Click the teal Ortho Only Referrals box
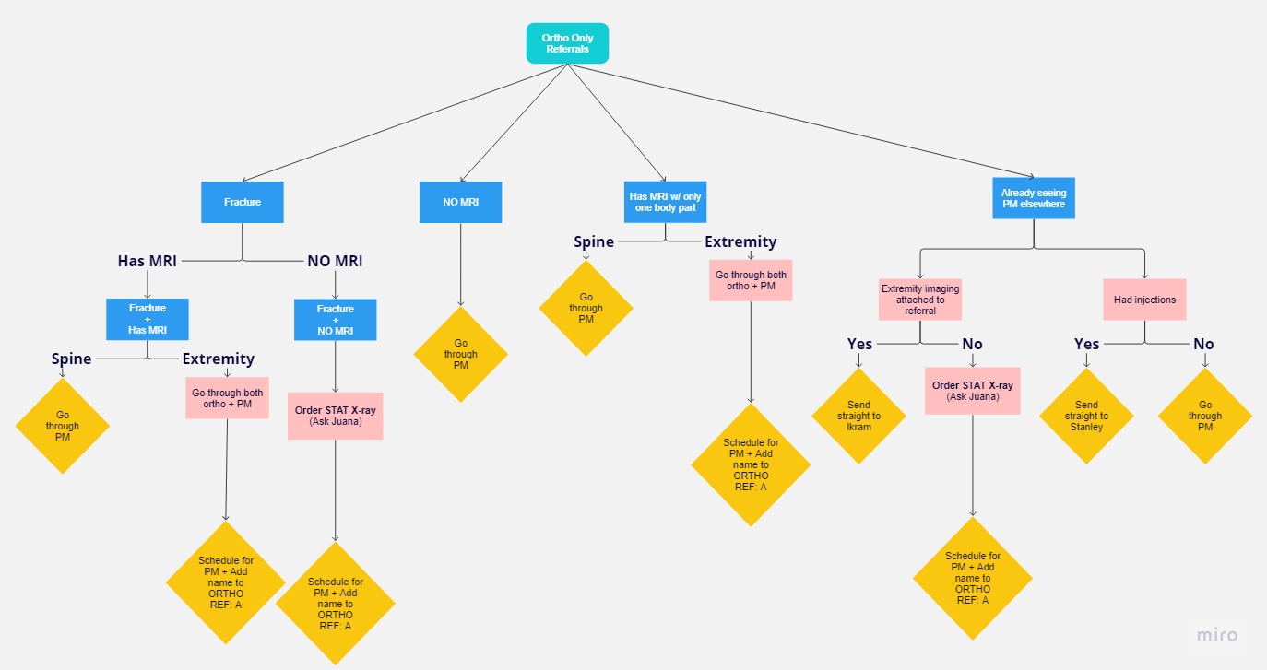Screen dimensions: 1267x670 [567, 43]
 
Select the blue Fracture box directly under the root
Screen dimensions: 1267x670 [243, 202]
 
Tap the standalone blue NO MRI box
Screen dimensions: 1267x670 [460, 202]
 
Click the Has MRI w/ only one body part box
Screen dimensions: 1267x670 [665, 202]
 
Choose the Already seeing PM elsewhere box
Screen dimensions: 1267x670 [1034, 198]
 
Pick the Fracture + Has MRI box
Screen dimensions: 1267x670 [147, 319]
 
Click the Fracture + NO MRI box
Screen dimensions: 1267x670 [335, 320]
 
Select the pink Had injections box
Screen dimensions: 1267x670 [1144, 300]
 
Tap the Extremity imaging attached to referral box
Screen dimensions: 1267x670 [920, 300]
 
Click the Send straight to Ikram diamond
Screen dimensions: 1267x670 [858, 417]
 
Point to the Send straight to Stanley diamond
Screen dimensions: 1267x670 [1086, 417]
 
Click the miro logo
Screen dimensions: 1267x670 [1217, 635]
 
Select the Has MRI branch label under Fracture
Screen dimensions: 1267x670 [147, 261]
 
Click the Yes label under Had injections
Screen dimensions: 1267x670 [1086, 344]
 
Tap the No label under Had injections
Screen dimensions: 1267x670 [1203, 344]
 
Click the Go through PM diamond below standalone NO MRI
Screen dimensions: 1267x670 [460, 355]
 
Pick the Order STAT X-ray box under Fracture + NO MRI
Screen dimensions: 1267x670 [336, 417]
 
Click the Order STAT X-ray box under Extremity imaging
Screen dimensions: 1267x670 [973, 391]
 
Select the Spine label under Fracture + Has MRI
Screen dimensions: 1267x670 [71, 359]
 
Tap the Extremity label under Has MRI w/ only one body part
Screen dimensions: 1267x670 [740, 242]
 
